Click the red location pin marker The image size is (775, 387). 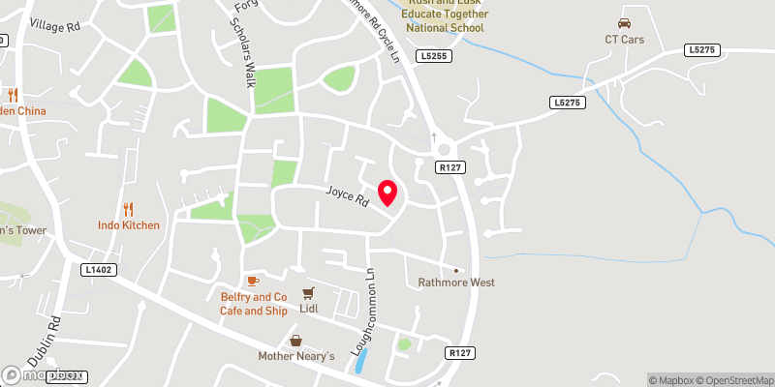387,193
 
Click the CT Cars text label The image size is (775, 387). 625,40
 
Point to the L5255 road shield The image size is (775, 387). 434,58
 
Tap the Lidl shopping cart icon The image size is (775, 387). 309,292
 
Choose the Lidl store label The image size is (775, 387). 309,309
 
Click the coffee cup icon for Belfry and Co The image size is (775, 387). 253,281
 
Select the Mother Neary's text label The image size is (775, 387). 295,356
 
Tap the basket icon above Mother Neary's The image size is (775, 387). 295,341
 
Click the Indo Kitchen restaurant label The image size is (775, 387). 128,225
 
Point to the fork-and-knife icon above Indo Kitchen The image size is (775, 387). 128,209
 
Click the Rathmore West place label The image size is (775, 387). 456,283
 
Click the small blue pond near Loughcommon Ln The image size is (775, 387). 361,362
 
